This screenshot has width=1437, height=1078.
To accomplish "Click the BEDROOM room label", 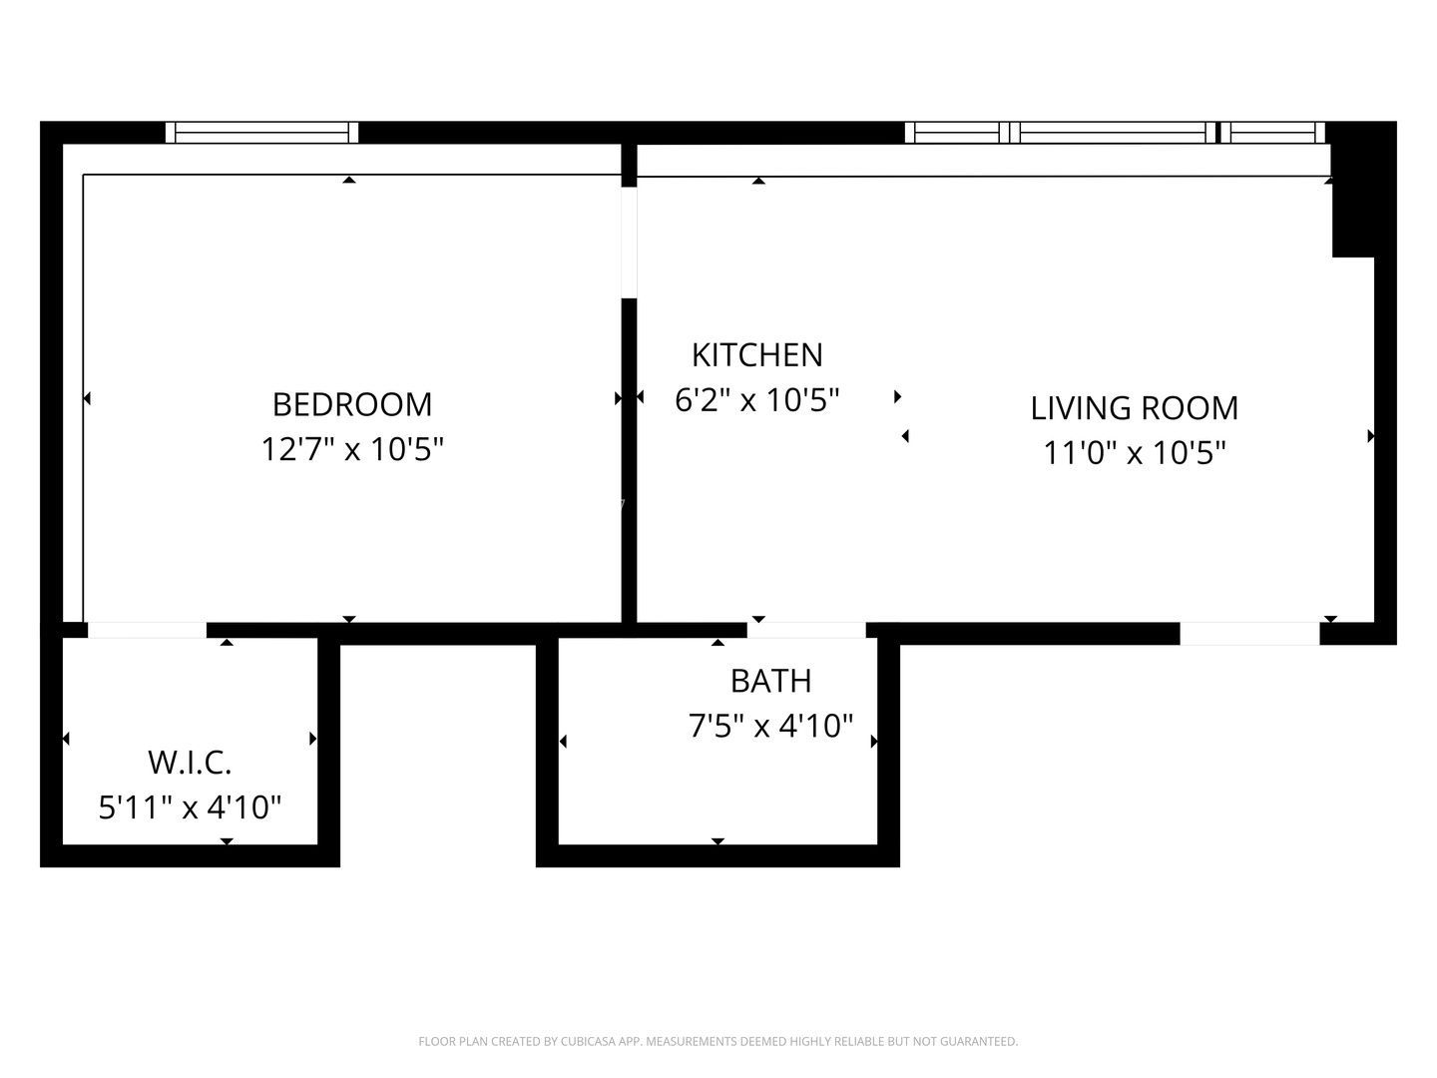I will click(351, 404).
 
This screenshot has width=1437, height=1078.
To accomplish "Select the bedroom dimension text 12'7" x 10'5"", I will click(351, 449).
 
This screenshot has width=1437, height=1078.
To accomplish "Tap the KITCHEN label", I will click(756, 354).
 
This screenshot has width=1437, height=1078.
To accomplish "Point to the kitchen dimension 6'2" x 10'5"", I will click(756, 399).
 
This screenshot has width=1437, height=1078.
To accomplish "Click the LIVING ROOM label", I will click(1134, 408).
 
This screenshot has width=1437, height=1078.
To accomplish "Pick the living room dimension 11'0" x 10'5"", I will click(1134, 453).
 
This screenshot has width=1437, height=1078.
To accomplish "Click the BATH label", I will click(770, 681).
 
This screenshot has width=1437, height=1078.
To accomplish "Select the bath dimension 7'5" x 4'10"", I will click(770, 726).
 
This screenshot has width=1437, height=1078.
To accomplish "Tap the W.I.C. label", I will click(190, 763).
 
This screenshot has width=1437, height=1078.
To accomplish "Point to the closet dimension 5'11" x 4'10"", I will click(190, 807).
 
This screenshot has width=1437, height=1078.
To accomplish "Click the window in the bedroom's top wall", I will click(261, 132).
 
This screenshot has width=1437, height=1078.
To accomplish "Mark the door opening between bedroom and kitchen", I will click(629, 243).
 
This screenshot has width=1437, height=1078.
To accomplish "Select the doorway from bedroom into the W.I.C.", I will click(147, 630).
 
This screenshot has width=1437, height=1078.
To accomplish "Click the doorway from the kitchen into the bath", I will click(806, 630).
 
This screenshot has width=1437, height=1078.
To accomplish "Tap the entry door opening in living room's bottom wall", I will click(1249, 633).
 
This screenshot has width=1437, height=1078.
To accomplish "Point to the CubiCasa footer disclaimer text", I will click(718, 1041).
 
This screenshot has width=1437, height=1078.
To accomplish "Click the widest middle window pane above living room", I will click(1112, 132).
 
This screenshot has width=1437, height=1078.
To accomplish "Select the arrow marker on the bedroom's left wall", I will click(87, 398).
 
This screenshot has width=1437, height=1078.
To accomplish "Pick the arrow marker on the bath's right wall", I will click(874, 742).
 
